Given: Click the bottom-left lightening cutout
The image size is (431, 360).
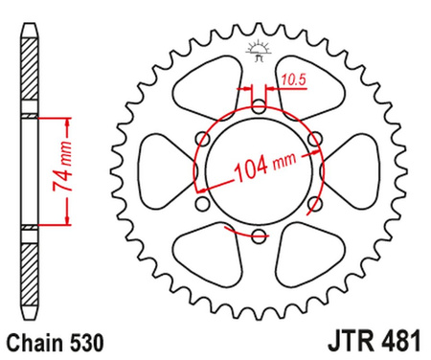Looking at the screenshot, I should (x=208, y=252).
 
